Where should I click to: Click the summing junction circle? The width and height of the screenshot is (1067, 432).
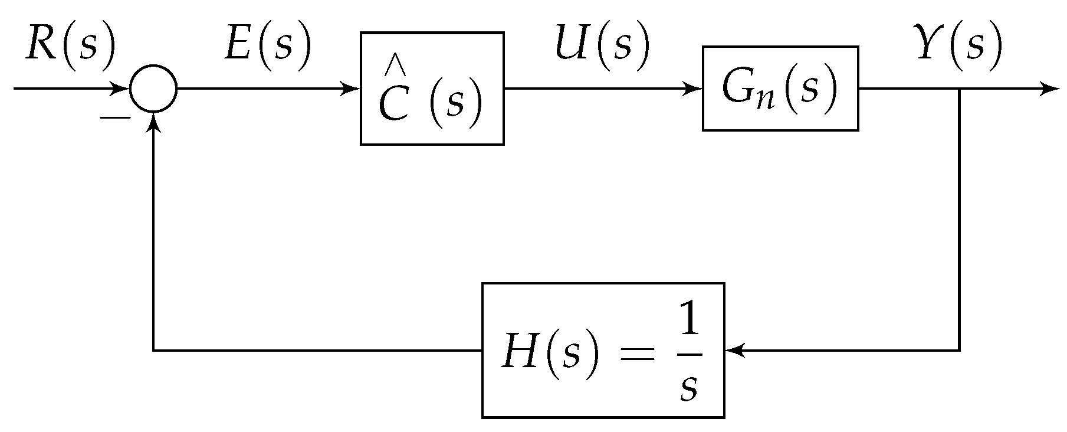pos(153,89)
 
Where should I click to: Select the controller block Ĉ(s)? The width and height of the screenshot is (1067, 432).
pos(432,89)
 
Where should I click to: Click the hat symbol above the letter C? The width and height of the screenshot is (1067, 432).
pos(392,67)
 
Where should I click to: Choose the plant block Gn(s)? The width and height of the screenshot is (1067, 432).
pos(780,88)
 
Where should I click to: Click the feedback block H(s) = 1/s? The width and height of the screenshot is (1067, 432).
pos(603,351)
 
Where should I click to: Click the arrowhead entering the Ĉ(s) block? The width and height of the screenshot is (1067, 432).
pos(353,89)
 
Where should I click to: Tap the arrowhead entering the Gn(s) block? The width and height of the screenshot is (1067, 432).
pos(695,89)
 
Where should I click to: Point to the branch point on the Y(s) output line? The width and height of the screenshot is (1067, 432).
pos(960,89)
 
